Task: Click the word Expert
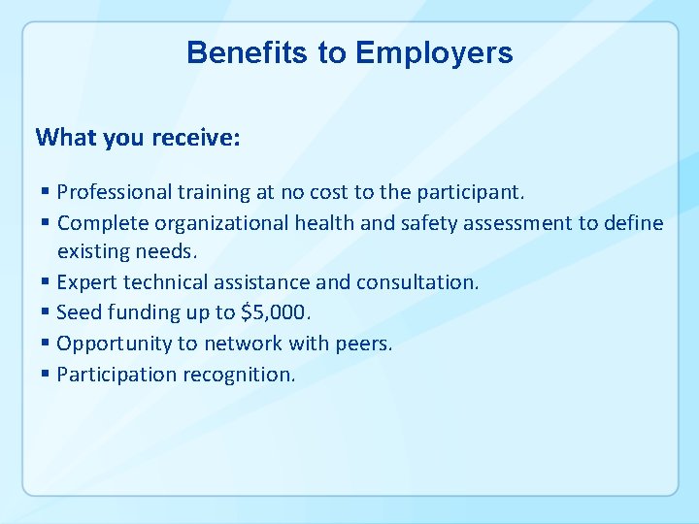click(85, 282)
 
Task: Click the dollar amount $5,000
click(277, 312)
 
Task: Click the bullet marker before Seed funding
click(48, 312)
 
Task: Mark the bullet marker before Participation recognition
click(48, 375)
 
